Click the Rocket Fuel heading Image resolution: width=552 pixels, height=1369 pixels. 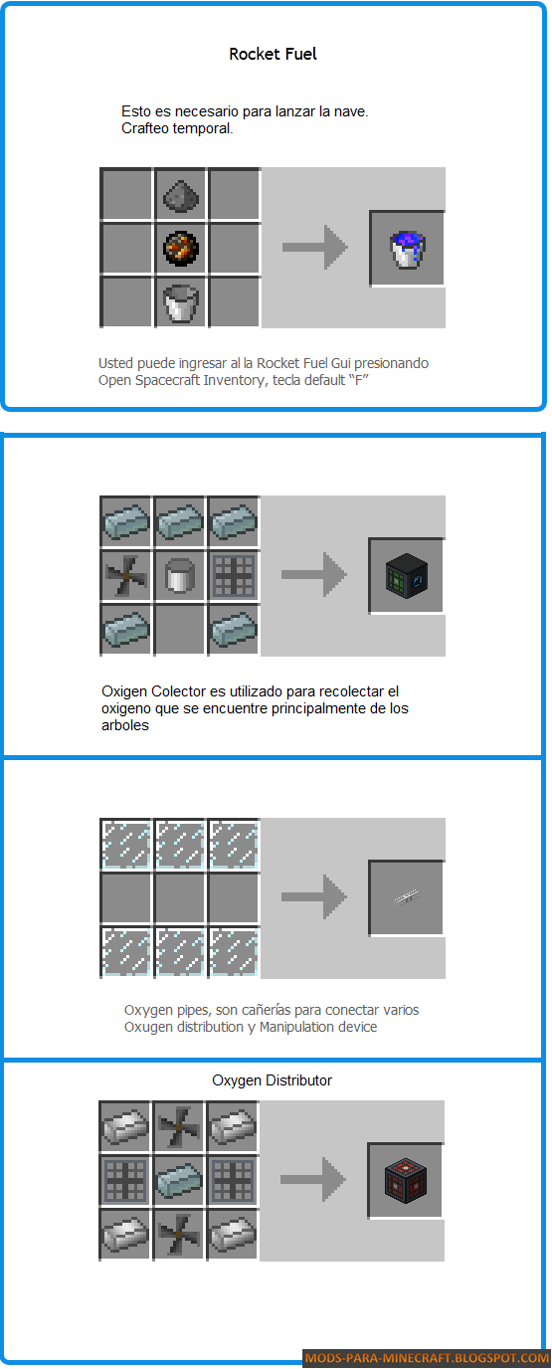273,54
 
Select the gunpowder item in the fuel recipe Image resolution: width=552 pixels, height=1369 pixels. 181,196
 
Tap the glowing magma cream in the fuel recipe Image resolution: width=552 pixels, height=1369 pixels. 181,249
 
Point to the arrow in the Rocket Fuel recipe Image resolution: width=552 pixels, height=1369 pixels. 315,248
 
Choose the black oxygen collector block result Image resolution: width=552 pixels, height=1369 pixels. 407,576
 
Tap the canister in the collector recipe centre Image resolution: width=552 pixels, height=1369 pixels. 180,575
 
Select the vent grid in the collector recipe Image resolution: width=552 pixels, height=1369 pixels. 233,575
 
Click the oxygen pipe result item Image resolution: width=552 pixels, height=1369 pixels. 407,897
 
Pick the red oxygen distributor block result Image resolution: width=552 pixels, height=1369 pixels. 405,1180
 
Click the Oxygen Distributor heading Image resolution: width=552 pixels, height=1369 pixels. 273,1080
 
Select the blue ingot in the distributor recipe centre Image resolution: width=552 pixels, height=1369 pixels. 178,1179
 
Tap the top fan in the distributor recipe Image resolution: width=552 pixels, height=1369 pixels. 178,1126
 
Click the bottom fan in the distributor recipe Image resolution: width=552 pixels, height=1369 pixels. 178,1234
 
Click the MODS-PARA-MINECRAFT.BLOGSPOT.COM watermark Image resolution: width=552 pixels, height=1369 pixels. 427,1358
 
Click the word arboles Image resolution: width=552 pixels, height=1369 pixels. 125,725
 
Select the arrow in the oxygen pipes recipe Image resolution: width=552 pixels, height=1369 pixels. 314,897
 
